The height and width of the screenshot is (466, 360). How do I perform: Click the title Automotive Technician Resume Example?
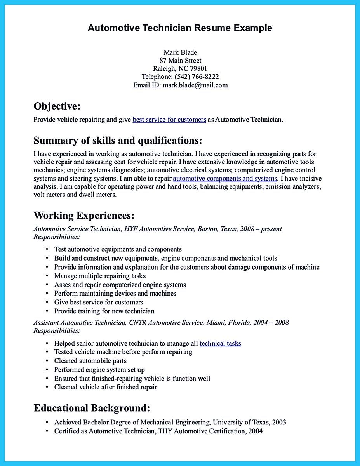pos(180,28)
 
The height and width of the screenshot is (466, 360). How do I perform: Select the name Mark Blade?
pos(180,52)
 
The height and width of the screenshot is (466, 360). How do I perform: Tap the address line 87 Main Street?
pos(180,61)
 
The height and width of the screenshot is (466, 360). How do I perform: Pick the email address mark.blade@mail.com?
pos(195,85)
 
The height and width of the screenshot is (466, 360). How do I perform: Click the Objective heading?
pos(57,106)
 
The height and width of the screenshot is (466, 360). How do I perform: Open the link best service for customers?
pos(169,120)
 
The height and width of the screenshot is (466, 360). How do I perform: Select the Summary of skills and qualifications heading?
pos(118,140)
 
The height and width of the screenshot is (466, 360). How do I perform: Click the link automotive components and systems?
pos(225,179)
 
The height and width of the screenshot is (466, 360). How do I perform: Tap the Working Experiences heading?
pos(84,215)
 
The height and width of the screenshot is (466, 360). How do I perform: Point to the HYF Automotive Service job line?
pos(157,229)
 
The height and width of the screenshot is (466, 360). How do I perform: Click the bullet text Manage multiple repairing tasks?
pos(100,276)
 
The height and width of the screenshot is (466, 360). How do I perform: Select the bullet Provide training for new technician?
pos(104,311)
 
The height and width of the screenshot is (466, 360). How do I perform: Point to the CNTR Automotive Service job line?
pos(161,322)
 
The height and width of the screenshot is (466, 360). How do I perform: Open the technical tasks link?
pos(220,343)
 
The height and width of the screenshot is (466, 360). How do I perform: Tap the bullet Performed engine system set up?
pos(99,370)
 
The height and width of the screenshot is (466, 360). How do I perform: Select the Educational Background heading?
pos(92,408)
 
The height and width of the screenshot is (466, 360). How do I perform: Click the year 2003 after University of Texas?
pos(279,422)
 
